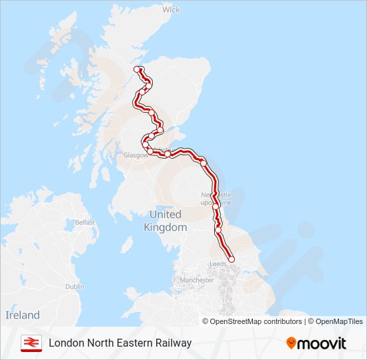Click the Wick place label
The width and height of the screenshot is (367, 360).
(x=171, y=10)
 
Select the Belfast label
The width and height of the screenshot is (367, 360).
(x=85, y=222)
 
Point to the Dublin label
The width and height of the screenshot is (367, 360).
(x=75, y=286)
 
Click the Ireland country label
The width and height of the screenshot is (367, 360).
(x=23, y=315)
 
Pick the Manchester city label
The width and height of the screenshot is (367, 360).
(x=196, y=280)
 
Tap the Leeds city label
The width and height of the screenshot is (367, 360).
(x=218, y=264)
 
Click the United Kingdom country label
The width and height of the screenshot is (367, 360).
(x=165, y=221)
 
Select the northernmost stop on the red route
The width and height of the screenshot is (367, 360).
(x=137, y=69)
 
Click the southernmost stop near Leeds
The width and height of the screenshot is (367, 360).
(x=232, y=259)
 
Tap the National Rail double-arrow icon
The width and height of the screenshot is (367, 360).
(x=29, y=343)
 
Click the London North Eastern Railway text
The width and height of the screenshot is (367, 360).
(x=120, y=343)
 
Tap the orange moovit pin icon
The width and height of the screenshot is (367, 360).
(x=291, y=343)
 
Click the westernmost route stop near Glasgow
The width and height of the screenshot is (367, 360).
(x=144, y=144)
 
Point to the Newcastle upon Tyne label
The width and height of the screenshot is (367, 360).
(x=217, y=198)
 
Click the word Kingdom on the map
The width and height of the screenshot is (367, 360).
(x=165, y=227)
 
